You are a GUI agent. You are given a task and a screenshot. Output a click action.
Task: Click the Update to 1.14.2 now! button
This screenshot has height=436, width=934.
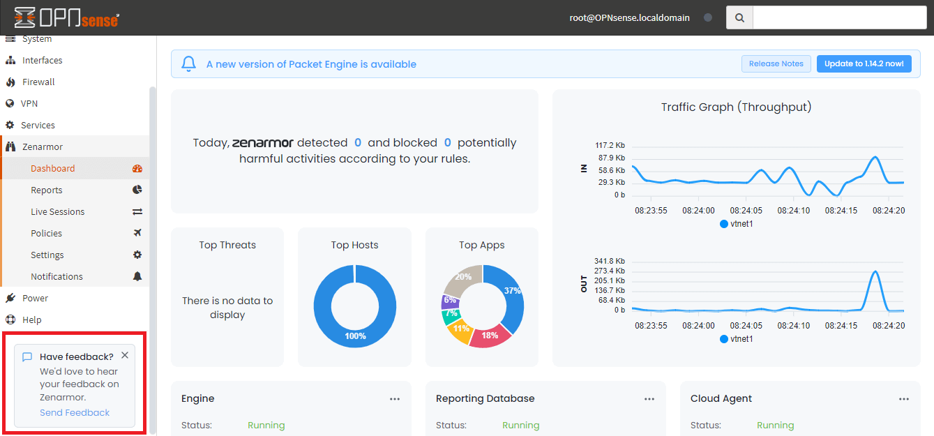864,63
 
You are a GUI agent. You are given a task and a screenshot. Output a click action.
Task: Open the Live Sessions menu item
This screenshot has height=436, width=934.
57,211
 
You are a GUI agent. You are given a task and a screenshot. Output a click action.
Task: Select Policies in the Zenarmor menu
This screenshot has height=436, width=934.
46,233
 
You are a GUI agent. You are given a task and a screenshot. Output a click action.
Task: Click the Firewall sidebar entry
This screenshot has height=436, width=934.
38,82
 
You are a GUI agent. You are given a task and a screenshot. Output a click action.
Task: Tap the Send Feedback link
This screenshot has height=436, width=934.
75,412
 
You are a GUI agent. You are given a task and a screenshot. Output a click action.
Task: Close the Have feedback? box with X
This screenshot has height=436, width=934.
124,355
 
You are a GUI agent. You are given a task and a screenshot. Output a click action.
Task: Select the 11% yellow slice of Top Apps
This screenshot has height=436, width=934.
461,329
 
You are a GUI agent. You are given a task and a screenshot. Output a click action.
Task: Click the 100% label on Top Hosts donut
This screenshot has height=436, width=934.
355,336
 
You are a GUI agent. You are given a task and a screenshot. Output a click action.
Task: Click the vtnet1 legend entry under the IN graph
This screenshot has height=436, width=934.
736,224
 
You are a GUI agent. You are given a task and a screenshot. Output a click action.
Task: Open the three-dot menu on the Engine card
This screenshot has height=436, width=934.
395,399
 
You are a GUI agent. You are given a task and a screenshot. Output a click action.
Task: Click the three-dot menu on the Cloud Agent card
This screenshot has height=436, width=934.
904,399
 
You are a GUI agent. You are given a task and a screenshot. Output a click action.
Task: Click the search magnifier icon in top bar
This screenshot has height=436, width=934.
739,18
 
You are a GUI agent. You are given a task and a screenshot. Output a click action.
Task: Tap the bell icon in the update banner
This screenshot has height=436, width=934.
188,64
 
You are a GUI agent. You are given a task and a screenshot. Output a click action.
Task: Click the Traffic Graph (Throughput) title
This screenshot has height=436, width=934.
736,107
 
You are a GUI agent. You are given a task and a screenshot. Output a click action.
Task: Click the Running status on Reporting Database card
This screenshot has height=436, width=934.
520,425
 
